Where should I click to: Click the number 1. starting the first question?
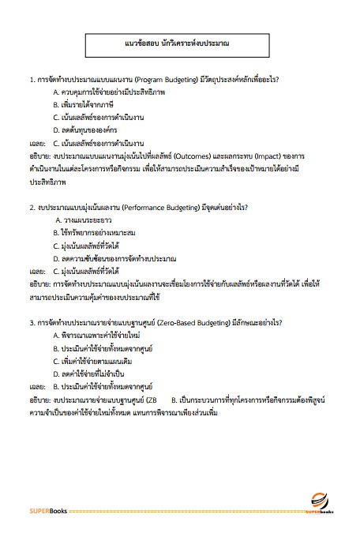point(31,80)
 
